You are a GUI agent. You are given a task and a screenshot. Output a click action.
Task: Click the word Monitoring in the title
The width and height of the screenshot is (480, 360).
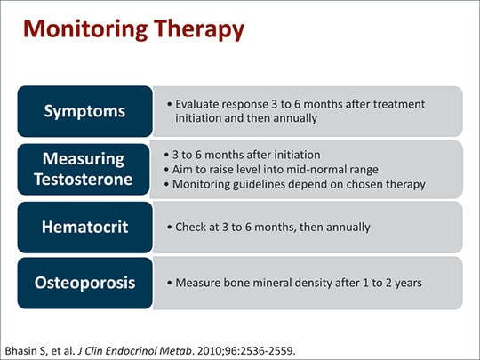85,29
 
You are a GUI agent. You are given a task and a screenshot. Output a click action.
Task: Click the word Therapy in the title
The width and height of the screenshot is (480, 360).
199,29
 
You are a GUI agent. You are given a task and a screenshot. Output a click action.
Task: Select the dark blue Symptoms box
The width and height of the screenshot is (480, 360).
84,111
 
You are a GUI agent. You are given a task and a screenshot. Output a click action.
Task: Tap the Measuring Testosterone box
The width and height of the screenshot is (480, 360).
84,169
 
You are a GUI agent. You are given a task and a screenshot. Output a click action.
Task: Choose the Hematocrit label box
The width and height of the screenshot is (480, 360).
84,228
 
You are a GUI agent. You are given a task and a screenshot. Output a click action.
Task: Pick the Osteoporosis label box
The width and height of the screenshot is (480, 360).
84,283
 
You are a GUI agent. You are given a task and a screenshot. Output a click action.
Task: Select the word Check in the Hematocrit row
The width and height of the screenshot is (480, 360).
191,228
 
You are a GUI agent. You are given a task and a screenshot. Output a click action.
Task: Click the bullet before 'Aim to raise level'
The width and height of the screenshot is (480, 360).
166,170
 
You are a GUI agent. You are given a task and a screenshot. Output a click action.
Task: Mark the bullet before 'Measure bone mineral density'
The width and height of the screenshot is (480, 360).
170,283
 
